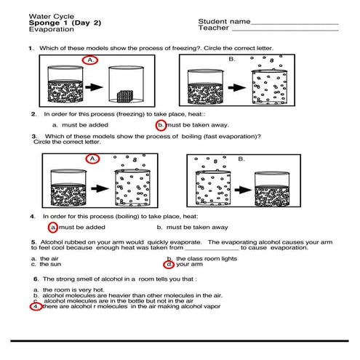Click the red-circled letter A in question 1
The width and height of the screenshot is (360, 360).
(90, 60)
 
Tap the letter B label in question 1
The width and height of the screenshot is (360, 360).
(232, 59)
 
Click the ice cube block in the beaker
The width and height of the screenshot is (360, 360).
(125, 96)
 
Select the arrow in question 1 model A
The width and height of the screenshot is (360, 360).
(94, 87)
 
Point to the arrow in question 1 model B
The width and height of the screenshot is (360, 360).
(237, 87)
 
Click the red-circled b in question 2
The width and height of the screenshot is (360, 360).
(161, 125)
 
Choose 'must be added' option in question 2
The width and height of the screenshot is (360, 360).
(85, 125)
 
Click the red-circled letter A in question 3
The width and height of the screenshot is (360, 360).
(92, 159)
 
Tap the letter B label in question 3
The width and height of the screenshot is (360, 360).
(241, 159)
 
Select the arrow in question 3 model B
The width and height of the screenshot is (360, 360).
(243, 190)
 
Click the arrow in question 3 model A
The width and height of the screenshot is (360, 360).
(100, 188)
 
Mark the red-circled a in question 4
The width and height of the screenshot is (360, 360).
(53, 228)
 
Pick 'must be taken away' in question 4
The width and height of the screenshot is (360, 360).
(197, 228)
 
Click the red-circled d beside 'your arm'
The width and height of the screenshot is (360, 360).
(169, 265)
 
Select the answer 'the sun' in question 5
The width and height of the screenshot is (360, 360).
(50, 264)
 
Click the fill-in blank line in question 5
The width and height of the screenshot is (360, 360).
(212, 249)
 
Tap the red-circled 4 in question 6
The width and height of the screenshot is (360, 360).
(36, 307)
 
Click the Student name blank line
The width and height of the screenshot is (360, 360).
(295, 24)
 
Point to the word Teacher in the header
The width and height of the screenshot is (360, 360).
(213, 28)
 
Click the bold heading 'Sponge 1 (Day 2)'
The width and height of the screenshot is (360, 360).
(65, 23)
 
